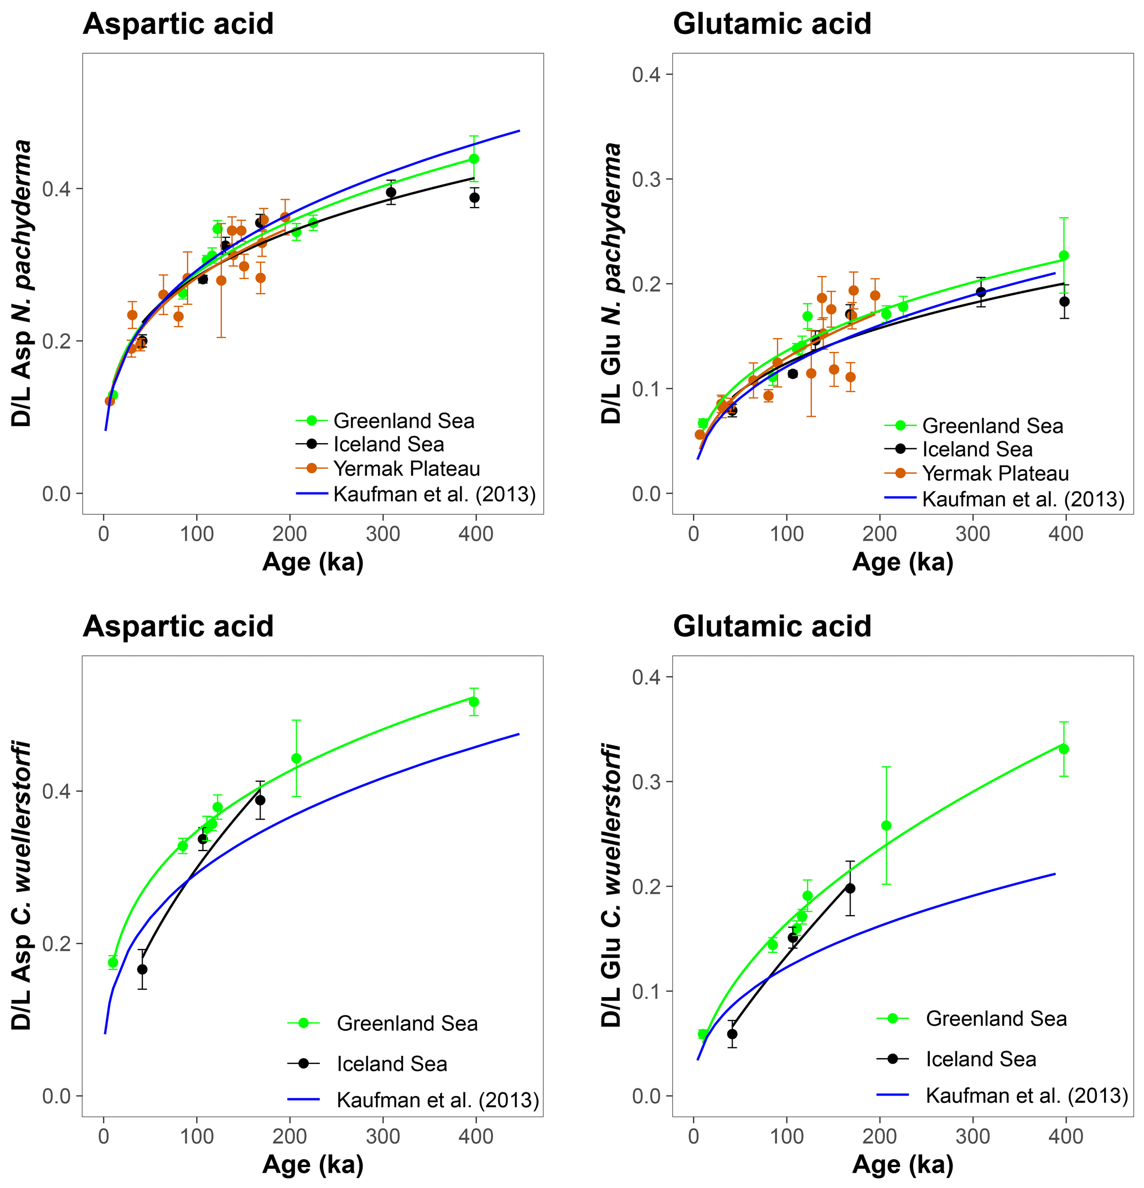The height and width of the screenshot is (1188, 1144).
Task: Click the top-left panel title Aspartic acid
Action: point(178,24)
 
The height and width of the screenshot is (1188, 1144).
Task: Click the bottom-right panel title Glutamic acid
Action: point(771,626)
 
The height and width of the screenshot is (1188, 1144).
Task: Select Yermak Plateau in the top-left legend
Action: point(406,469)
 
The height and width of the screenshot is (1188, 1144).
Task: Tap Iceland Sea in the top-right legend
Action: point(977,449)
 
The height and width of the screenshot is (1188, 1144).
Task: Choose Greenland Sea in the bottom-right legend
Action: point(996,1018)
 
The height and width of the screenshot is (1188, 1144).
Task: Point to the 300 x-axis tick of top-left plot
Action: point(382,534)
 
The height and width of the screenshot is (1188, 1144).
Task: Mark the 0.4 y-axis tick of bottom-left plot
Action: point(56,792)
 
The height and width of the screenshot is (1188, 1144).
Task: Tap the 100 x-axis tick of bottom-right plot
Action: point(786,1136)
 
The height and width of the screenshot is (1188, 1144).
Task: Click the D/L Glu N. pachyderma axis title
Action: point(611,283)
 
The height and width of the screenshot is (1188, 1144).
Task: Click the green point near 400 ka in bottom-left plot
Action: point(474,702)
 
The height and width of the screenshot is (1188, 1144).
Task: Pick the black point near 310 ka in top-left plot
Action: point(391,193)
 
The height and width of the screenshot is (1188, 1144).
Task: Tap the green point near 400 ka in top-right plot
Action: point(1063,256)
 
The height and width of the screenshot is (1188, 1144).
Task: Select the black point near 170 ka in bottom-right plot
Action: point(850,889)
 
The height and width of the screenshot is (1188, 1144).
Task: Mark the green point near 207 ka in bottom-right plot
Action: point(886,826)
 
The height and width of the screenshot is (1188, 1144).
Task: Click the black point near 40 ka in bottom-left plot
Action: point(142,970)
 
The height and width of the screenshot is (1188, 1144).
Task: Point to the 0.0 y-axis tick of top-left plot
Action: point(56,494)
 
